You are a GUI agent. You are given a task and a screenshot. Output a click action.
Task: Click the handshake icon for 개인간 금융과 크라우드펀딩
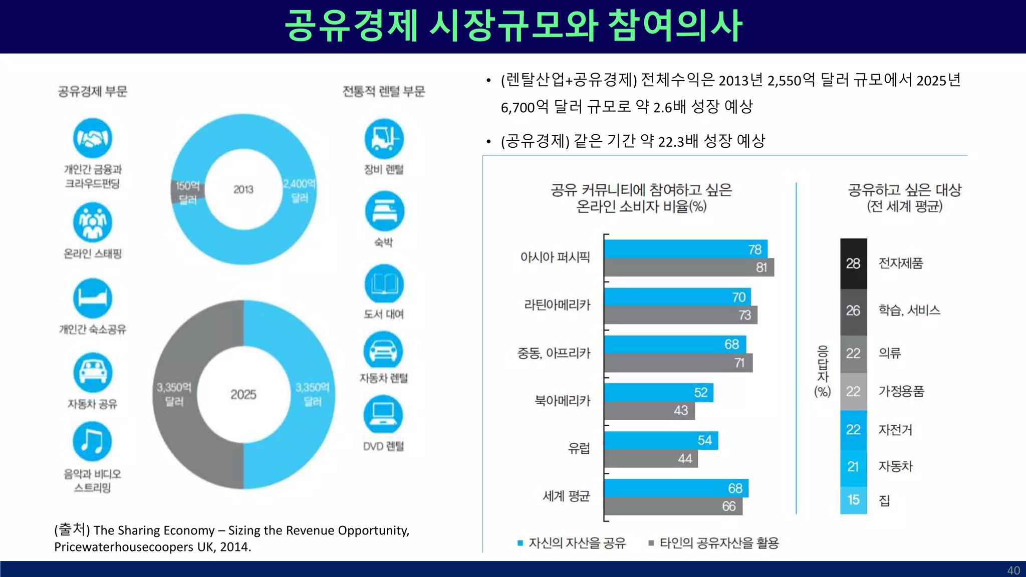[92, 138]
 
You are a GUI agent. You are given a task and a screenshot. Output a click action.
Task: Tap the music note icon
[92, 441]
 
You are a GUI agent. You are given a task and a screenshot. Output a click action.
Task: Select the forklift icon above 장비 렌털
[384, 139]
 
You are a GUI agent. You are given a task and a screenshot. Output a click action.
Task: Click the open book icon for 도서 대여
[384, 284]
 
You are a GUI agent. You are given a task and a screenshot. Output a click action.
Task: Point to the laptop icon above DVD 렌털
[383, 415]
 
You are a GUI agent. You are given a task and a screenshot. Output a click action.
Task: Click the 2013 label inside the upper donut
[243, 189]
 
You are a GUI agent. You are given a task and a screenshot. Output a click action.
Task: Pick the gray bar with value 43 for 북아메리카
[649, 411]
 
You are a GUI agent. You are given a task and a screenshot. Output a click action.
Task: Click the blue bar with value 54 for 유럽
[660, 440]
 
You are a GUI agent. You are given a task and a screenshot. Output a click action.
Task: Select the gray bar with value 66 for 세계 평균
[672, 506]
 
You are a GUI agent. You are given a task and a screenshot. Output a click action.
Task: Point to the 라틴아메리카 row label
[557, 305]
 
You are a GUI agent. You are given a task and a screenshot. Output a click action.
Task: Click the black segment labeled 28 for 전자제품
[853, 263]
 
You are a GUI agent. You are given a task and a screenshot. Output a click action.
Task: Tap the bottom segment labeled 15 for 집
[853, 500]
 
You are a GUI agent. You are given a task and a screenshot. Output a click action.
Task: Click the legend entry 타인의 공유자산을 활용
[718, 543]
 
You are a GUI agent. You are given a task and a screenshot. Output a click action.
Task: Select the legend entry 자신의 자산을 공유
[577, 543]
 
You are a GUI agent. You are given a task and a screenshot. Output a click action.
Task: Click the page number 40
[1013, 570]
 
